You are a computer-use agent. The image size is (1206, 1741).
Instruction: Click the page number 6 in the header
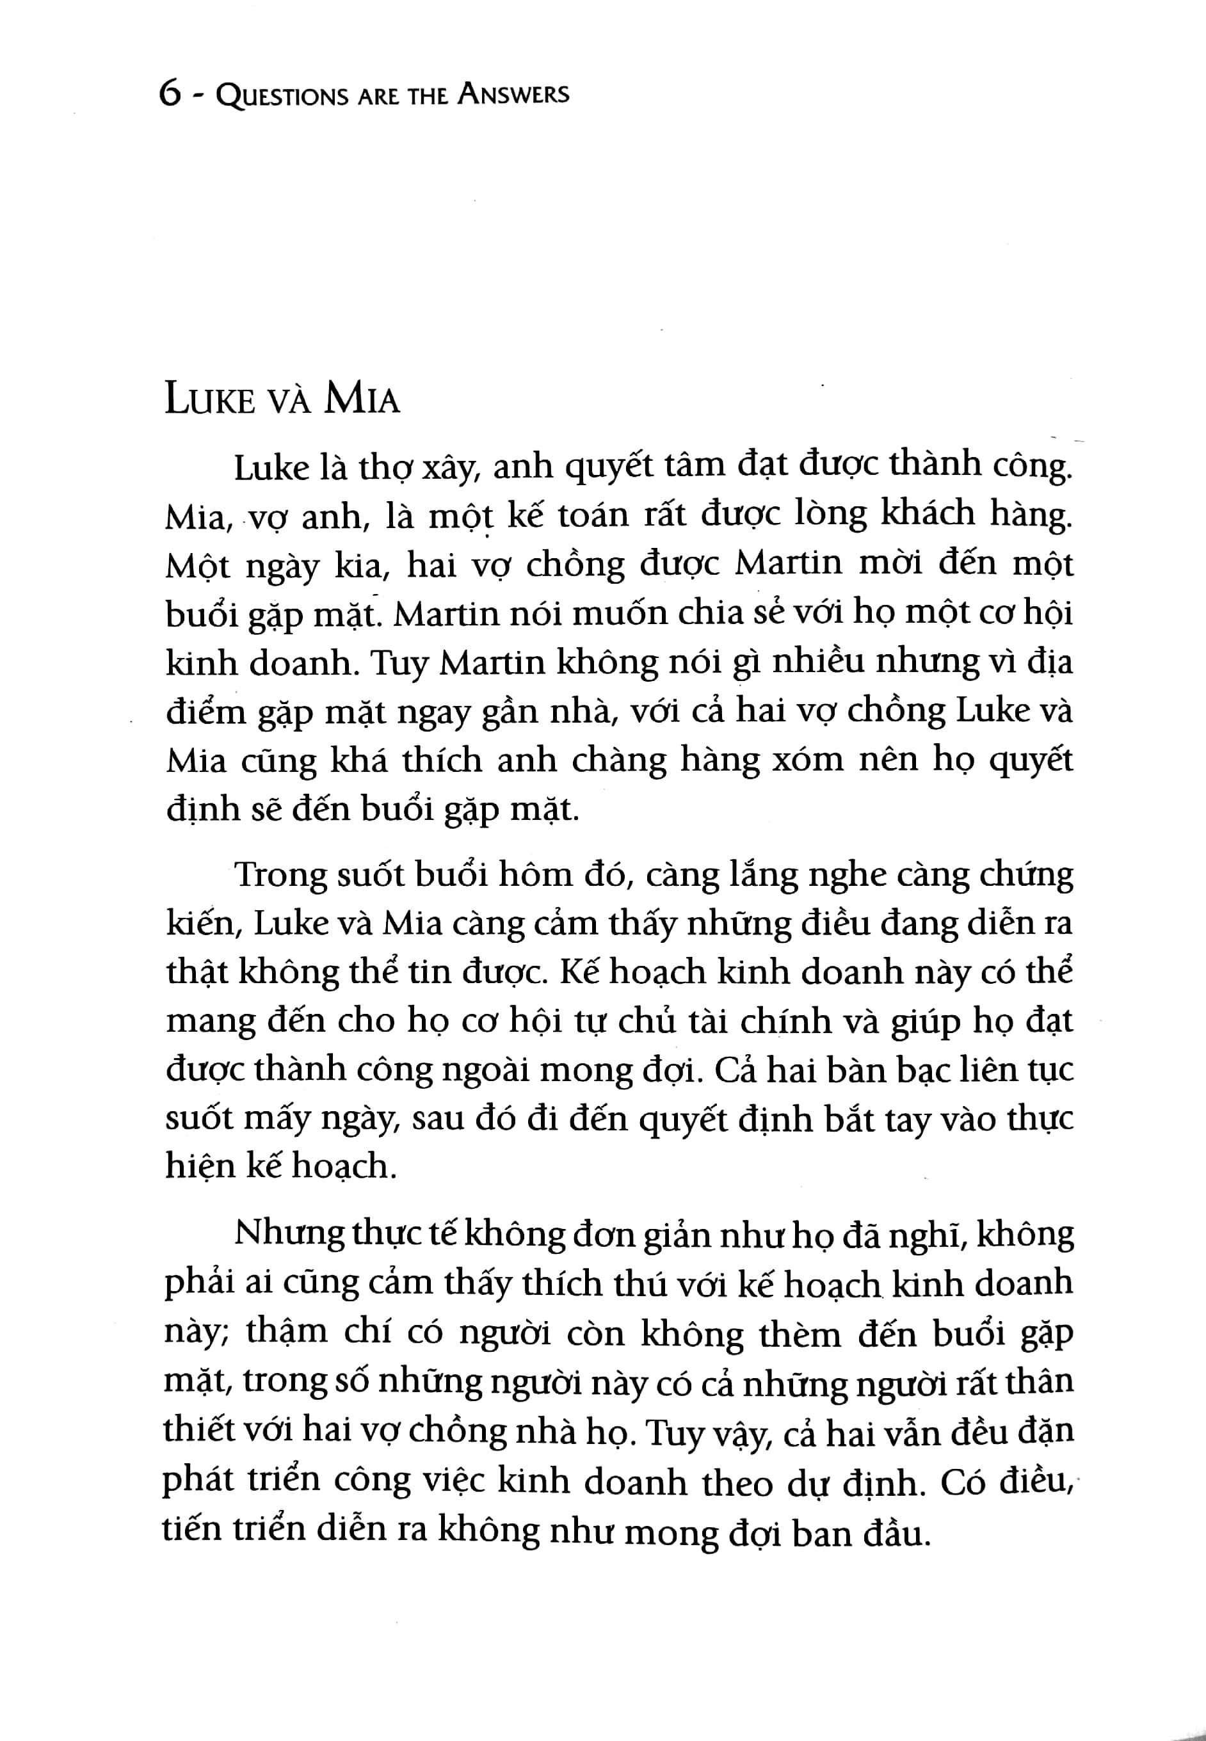[x=170, y=96]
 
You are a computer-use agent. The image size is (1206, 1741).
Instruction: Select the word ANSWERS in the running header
[x=514, y=95]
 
